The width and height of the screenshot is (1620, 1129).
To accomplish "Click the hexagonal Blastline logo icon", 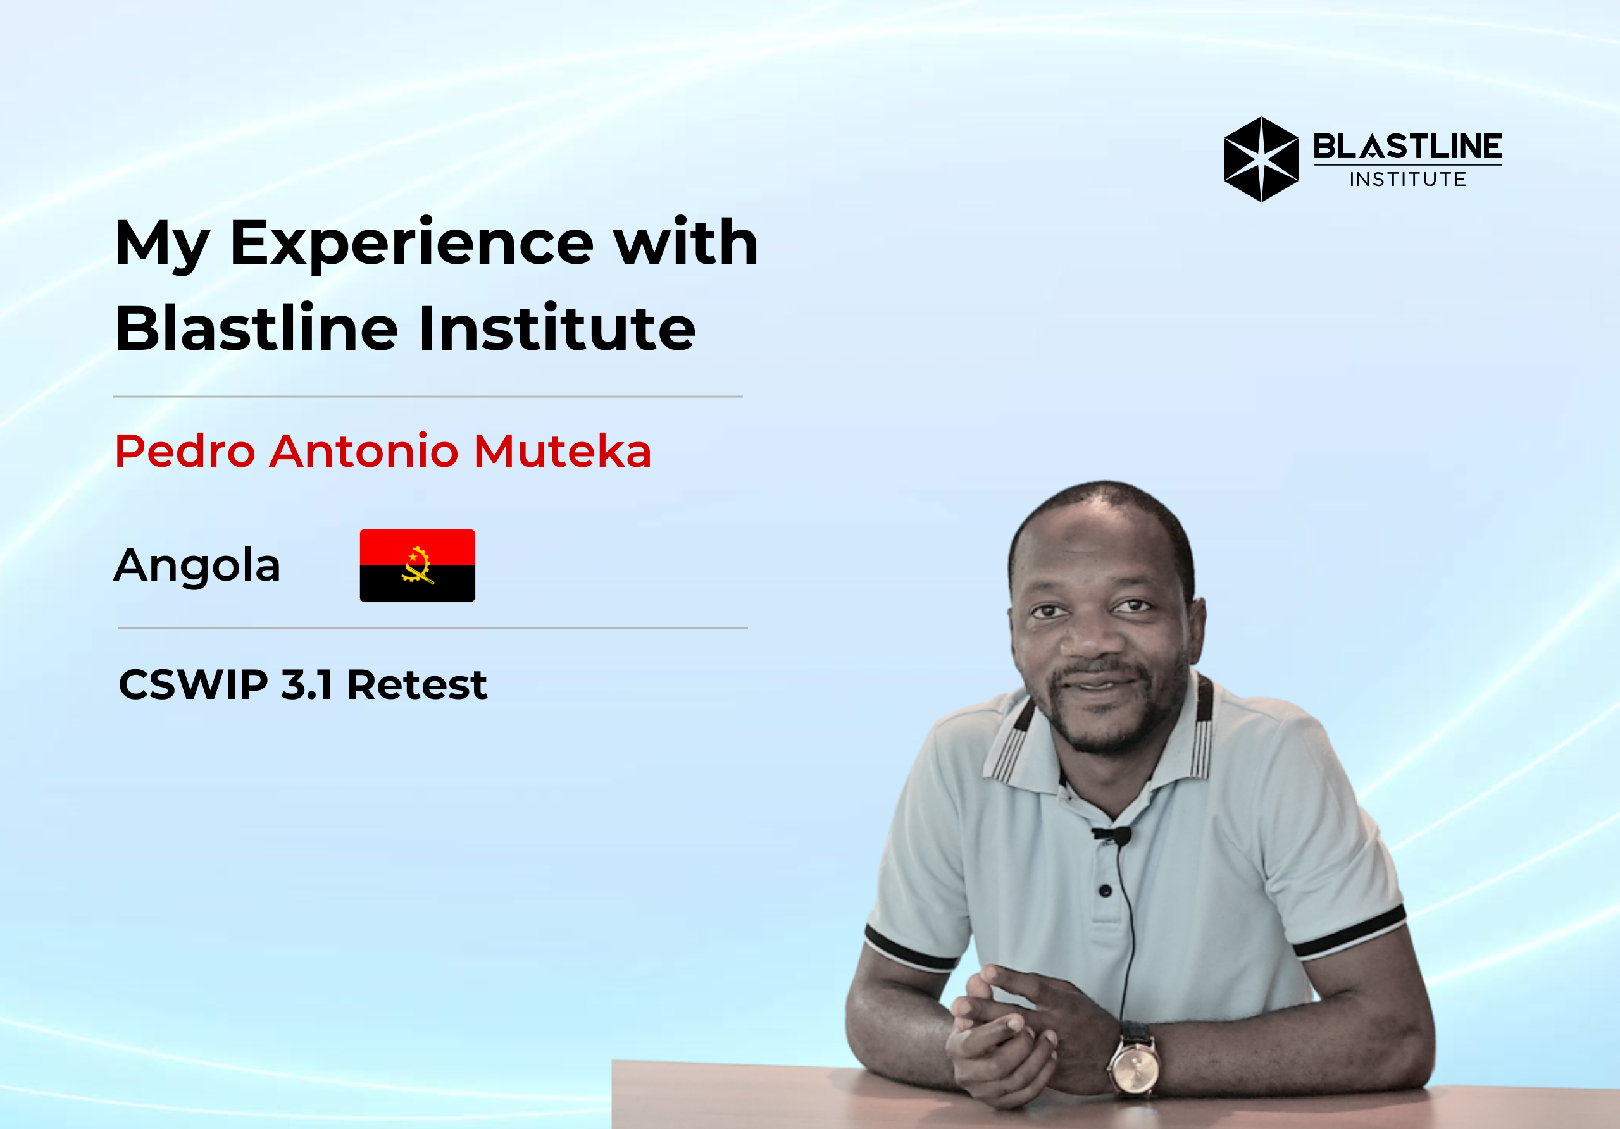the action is [1261, 159].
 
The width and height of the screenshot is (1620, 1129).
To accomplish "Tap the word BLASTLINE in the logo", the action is [1407, 147].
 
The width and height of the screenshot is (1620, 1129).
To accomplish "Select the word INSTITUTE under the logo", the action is [1407, 179].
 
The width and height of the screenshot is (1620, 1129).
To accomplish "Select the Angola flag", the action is [417, 565].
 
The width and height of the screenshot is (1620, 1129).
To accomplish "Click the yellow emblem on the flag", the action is [418, 565].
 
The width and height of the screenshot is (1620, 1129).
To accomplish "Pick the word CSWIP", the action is [194, 685].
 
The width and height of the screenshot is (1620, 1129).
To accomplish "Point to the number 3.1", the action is [306, 685].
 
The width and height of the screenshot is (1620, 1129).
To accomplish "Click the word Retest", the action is [416, 685].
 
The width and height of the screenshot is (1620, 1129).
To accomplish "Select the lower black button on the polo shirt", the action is [1106, 891].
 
